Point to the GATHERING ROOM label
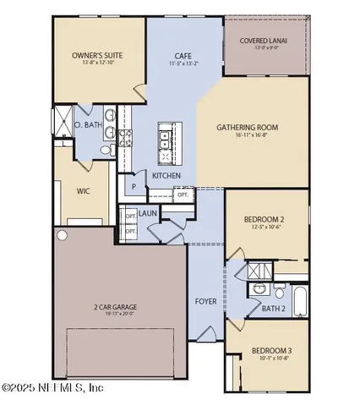pyautogui.click(x=248, y=129)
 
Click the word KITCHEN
pyautogui.click(x=166, y=175)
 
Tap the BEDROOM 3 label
pyautogui.click(x=272, y=351)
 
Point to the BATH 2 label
pyautogui.click(x=272, y=309)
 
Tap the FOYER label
pyautogui.click(x=205, y=300)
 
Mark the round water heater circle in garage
pyautogui.click(x=61, y=233)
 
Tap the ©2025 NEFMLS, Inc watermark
pyautogui.click(x=52, y=388)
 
